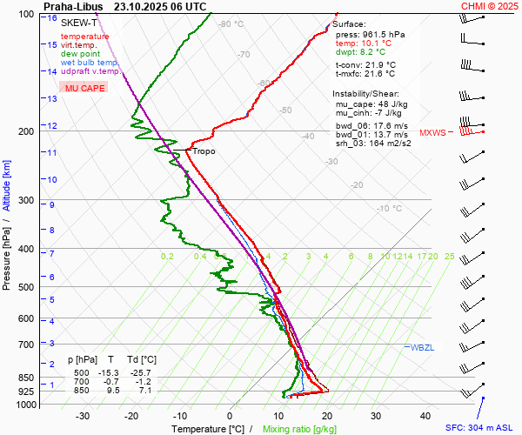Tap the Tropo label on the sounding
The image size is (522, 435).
click(x=204, y=151)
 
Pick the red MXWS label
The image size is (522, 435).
click(x=432, y=133)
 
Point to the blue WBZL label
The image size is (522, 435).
click(x=422, y=347)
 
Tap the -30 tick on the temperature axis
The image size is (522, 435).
click(x=84, y=416)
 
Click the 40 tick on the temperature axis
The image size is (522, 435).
click(x=425, y=416)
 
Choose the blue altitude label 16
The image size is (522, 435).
click(x=52, y=18)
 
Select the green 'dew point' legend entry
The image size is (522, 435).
click(x=79, y=54)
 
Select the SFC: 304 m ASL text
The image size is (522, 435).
click(x=482, y=428)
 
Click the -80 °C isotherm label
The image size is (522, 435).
click(x=231, y=24)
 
